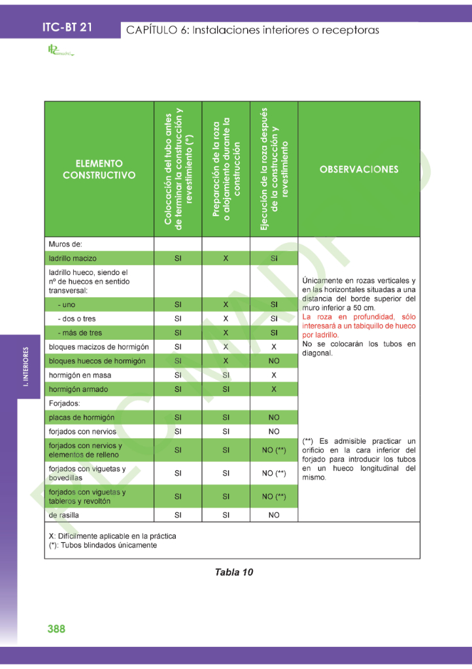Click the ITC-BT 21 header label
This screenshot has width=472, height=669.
click(x=67, y=27)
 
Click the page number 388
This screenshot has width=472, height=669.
click(x=56, y=628)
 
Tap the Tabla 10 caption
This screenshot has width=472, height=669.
click(x=234, y=572)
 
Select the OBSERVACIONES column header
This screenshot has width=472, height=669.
click(x=359, y=169)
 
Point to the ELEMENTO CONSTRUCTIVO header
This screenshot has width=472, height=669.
click(x=99, y=169)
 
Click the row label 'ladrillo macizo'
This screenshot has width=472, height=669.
click(x=73, y=259)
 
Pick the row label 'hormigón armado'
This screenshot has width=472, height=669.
click(x=78, y=389)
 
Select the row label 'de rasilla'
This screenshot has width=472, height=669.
click(x=63, y=515)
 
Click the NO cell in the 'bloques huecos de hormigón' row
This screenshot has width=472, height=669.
click(x=274, y=361)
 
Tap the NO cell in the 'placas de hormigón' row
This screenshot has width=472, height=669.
click(x=274, y=417)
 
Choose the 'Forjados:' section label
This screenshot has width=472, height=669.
click(x=64, y=403)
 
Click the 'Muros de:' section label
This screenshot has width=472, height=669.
click(x=65, y=244)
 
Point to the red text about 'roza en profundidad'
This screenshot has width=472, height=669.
click(x=359, y=325)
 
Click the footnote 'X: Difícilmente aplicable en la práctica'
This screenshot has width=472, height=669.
click(x=112, y=536)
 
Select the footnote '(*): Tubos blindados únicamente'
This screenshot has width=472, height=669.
click(x=103, y=545)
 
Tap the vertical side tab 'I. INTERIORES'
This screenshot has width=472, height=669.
click(x=25, y=368)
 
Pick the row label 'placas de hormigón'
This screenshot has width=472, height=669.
click(x=82, y=417)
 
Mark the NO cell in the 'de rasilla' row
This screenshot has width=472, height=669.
click(x=274, y=515)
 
